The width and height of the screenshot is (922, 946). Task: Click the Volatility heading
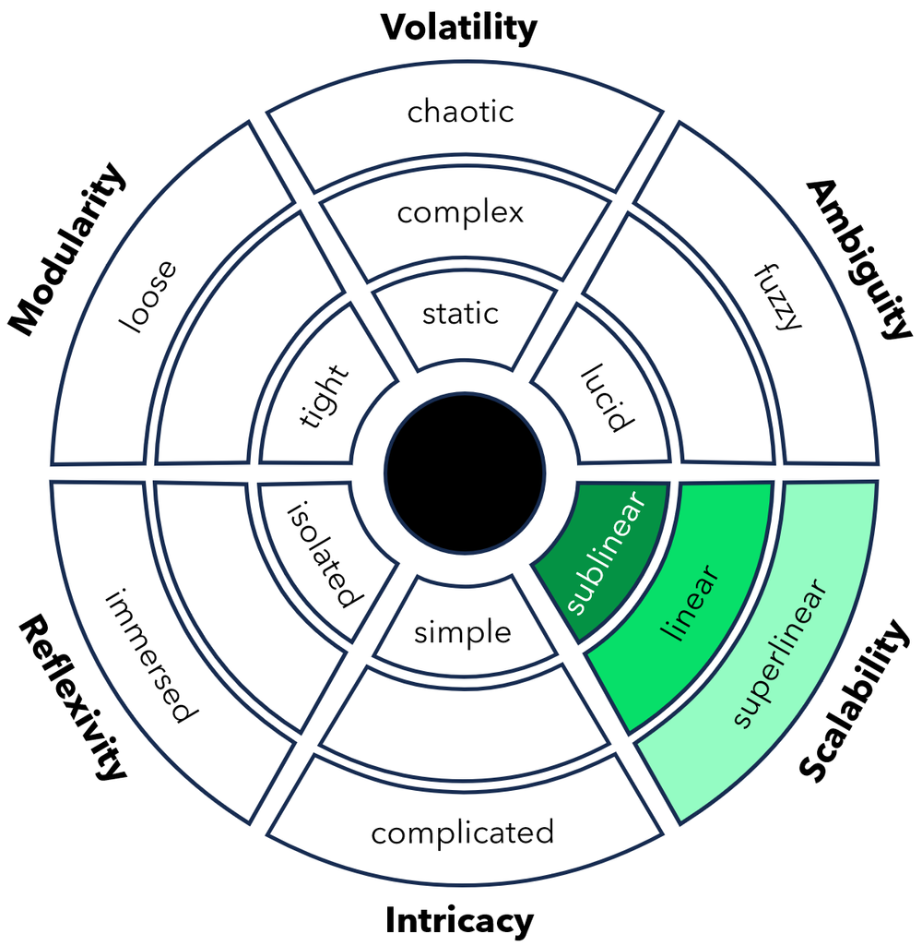(459, 28)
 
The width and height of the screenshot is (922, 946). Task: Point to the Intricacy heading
(459, 920)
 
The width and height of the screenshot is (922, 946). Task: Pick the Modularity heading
(65, 249)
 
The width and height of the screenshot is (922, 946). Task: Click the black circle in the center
(463, 473)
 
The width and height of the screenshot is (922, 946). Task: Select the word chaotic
(460, 113)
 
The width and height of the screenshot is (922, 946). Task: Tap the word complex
(460, 213)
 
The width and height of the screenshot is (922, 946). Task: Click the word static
(460, 313)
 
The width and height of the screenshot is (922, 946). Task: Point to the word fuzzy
(776, 297)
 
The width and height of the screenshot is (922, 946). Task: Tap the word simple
(462, 633)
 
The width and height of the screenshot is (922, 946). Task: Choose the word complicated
(462, 833)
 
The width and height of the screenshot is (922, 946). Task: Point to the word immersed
(148, 654)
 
